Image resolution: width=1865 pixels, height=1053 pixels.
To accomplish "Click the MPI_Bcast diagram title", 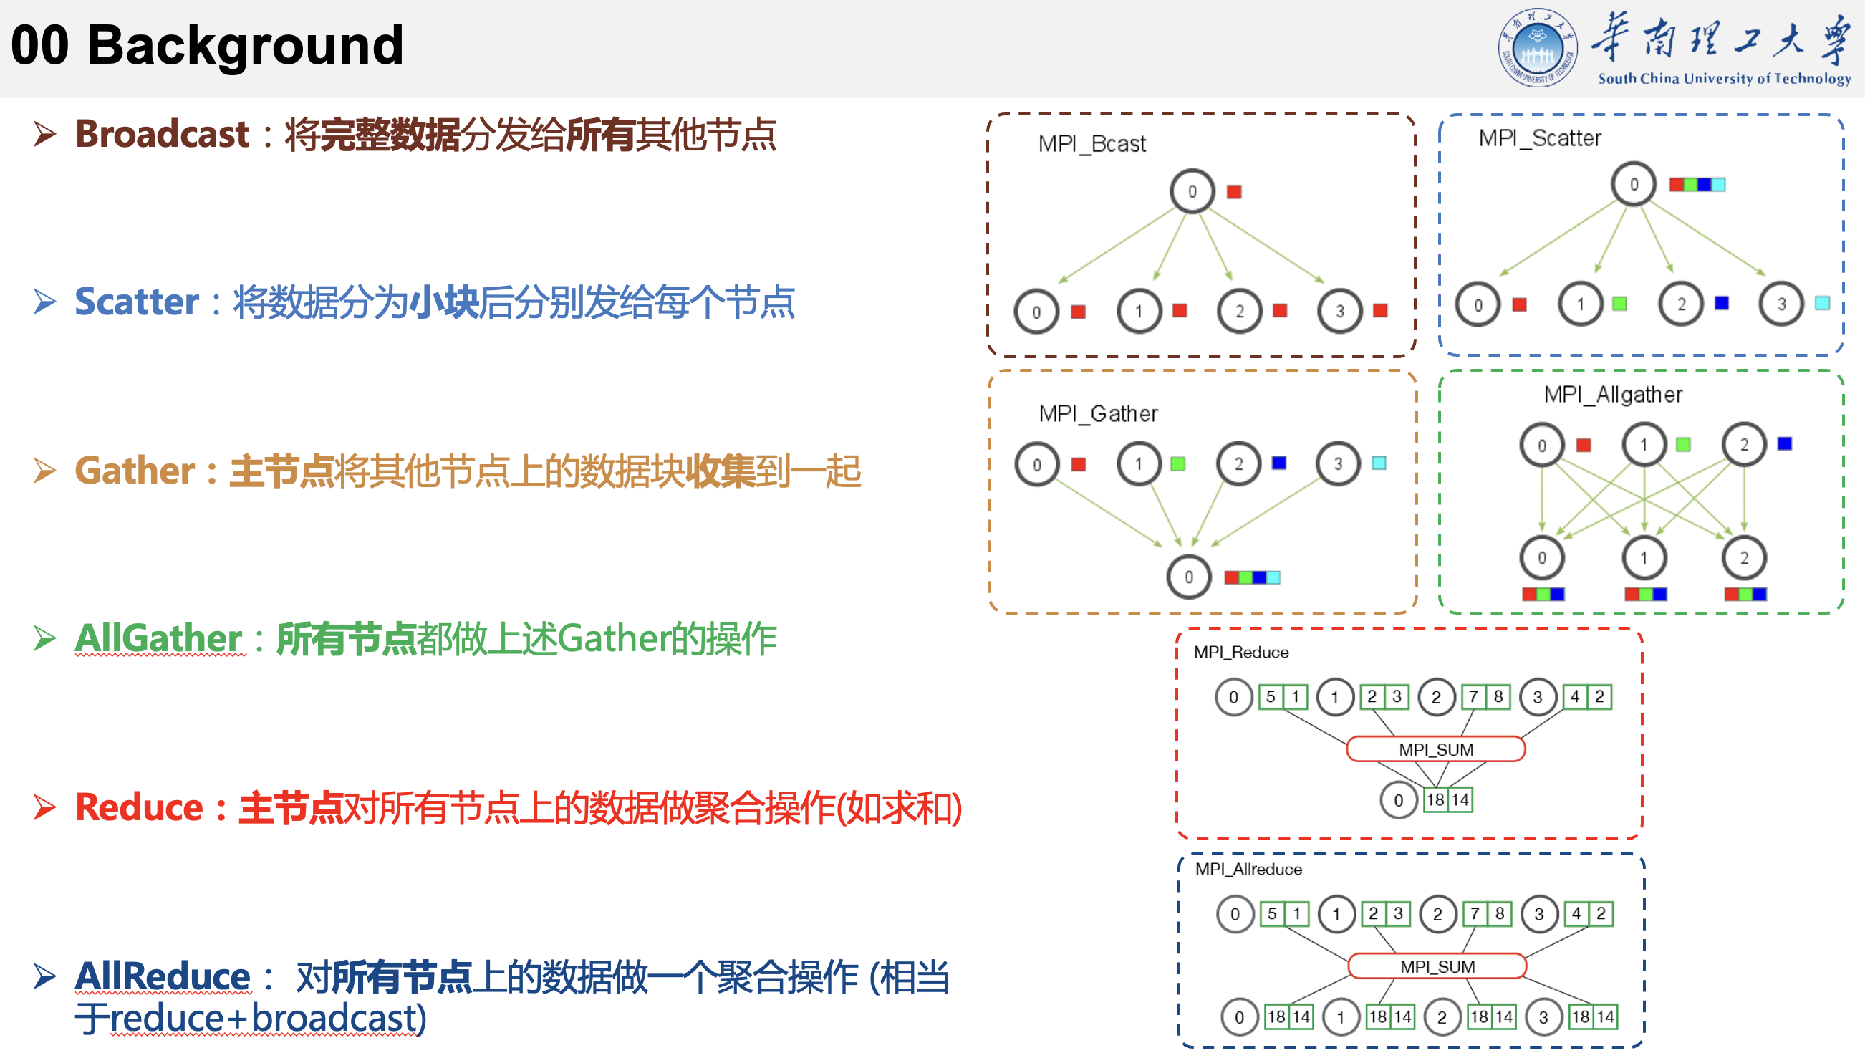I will coord(1091,144).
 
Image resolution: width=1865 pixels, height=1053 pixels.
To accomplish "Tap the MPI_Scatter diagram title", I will coord(1539,138).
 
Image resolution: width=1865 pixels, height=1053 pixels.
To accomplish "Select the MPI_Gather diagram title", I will coord(1097,413).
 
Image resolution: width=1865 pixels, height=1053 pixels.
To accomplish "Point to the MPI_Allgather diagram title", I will coord(1612,394).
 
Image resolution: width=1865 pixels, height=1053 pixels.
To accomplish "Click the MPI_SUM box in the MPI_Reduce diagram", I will coord(1435,749).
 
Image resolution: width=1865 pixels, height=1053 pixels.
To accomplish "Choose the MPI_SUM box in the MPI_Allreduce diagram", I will coord(1437,966).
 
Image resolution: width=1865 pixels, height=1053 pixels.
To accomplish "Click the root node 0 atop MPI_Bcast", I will coord(1192,191).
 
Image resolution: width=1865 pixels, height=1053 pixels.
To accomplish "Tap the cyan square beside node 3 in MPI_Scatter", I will coord(1821,304).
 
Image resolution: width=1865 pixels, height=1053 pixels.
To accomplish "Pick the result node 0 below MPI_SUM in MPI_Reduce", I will coord(1398,799).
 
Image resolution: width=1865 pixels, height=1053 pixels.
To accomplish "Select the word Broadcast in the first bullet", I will coord(162,135).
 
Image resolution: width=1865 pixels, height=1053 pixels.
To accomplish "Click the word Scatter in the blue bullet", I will coord(136,302).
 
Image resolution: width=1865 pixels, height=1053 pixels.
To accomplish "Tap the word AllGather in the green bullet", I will coord(158,639).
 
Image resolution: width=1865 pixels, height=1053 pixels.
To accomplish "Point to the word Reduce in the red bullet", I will coord(139,807).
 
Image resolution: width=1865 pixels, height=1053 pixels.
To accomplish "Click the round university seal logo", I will coord(1536,48).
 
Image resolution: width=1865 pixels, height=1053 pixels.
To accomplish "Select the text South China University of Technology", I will coord(1724,78).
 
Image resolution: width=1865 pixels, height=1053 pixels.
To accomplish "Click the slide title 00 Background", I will coord(207,45).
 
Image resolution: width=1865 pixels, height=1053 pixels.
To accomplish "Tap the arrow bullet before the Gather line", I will coord(45,471).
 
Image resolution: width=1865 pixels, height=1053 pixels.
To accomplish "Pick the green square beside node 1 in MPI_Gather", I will coord(1177,463).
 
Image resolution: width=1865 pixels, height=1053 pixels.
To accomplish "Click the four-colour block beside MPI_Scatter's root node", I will coord(1696,185).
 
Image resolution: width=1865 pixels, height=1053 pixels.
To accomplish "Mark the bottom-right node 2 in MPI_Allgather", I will coord(1743,557).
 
